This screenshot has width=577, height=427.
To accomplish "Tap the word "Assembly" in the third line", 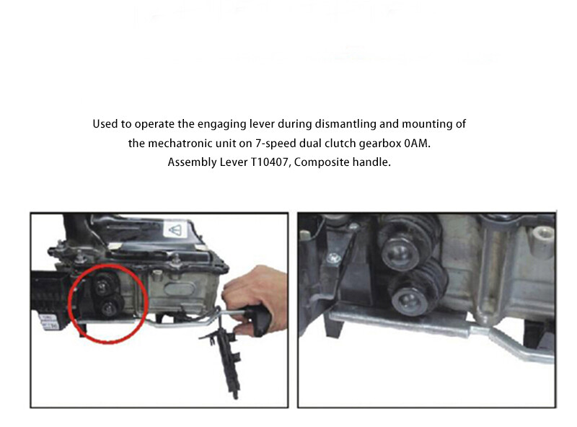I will pos(190,162).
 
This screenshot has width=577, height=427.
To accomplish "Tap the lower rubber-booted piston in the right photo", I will pos(408,296).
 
